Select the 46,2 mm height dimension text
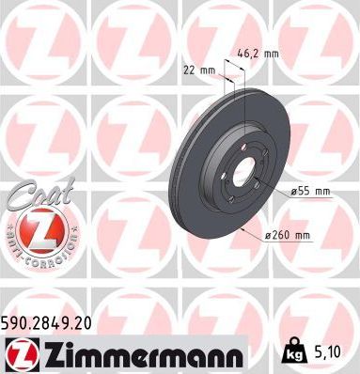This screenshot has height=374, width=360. tap(255, 55)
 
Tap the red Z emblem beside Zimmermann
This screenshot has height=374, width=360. tap(20, 353)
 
